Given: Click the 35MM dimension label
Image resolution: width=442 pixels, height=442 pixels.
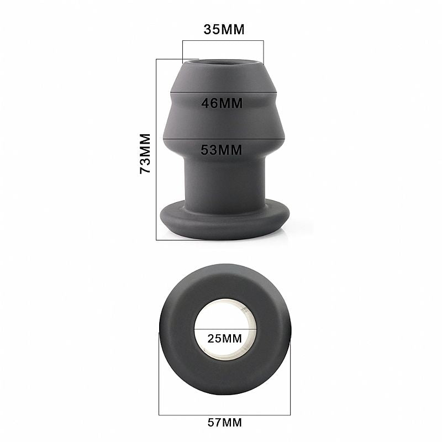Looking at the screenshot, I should [223, 29].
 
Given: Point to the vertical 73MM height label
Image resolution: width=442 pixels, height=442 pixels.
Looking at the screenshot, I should [145, 154].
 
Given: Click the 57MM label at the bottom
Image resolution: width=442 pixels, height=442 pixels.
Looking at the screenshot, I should [224, 423].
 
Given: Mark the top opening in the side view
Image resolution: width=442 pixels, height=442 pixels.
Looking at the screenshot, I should [224, 65].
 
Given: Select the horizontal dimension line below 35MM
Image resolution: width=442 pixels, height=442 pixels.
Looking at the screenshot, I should [223, 40].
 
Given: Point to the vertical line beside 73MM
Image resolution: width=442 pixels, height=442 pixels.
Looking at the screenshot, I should [157, 149].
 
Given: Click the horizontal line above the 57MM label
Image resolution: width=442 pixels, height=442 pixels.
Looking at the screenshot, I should [225, 414].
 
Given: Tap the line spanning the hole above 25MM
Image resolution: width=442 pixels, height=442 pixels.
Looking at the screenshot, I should [225, 330].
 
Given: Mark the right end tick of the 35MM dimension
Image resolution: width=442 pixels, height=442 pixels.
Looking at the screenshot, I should [264, 52].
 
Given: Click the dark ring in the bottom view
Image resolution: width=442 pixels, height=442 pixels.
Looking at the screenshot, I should [177, 331].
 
